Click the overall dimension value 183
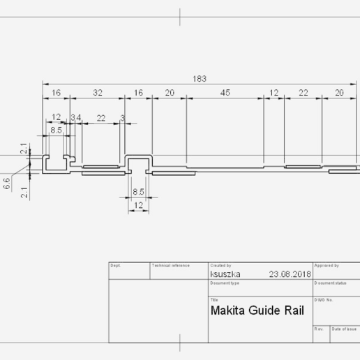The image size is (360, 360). (x=200, y=79)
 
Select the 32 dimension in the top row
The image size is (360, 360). (x=97, y=93)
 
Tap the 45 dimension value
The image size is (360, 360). (x=225, y=93)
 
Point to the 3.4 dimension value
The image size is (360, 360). (x=75, y=117)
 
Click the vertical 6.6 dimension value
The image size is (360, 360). (x=7, y=184)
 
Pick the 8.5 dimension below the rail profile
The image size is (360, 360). (x=138, y=191)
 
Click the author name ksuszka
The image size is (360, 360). (x=225, y=274)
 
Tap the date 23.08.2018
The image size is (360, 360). (x=290, y=274)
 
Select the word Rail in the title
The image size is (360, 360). (x=293, y=310)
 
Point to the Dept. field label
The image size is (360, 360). (x=116, y=266)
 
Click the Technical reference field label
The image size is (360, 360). (x=170, y=266)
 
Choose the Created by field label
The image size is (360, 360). (x=220, y=266)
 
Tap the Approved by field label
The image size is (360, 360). (x=327, y=266)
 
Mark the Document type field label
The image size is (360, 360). (x=225, y=283)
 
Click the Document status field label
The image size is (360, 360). (x=331, y=283)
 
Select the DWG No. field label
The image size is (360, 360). (x=324, y=300)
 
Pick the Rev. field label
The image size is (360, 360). (x=319, y=329)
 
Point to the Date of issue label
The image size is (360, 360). (x=345, y=329)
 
